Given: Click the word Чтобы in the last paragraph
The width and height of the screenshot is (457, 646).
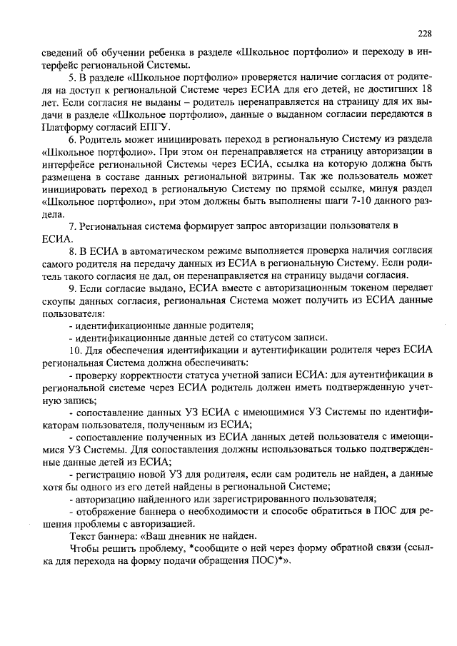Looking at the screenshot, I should (86, 549).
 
